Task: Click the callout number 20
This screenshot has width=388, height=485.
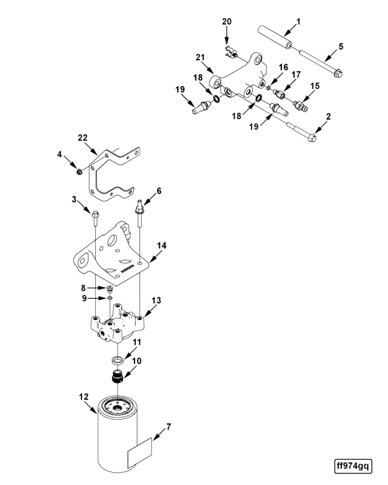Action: pos(226,21)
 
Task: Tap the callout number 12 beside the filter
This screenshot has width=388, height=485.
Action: pos(83,397)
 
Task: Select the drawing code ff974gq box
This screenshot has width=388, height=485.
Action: pos(353,466)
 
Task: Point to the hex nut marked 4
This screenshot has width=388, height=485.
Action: pos(79,171)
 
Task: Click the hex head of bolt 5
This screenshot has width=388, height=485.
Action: pos(339,74)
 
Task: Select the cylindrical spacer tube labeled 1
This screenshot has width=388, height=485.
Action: pos(275,36)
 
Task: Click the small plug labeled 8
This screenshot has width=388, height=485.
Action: pos(109,289)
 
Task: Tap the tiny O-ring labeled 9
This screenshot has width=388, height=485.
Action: pos(109,298)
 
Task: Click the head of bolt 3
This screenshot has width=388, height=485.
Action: pos(95,213)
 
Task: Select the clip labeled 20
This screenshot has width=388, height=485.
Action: pos(230,52)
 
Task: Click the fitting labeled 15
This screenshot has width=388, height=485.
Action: pos(300,106)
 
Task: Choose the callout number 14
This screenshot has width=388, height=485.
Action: pos(161,246)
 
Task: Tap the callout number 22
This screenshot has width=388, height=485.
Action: pos(83,138)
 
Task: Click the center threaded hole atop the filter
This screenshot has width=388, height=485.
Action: pos(118,408)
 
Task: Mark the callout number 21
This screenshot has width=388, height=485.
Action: pos(200,57)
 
